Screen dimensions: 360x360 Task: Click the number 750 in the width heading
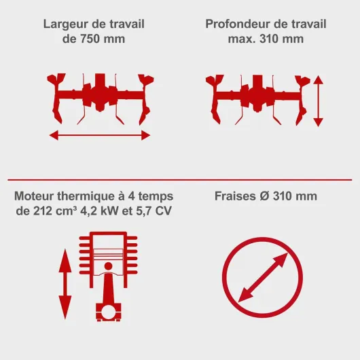(x=90, y=39)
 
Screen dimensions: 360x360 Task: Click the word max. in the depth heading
(x=242, y=39)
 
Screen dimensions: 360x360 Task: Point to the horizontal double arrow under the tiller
(x=100, y=135)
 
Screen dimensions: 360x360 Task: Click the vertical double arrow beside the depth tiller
(x=318, y=101)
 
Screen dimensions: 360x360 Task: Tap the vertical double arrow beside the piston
(x=65, y=284)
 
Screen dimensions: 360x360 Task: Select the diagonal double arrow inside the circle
(x=263, y=278)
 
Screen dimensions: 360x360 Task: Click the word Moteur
(x=34, y=196)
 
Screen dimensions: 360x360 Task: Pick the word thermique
(x=86, y=197)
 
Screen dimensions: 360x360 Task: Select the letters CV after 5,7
(x=163, y=211)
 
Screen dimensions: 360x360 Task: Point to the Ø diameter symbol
(x=264, y=196)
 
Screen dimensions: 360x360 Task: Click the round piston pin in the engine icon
(x=108, y=266)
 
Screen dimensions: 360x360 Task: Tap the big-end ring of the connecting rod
(x=108, y=312)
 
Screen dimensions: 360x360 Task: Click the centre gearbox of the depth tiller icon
(x=257, y=94)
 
